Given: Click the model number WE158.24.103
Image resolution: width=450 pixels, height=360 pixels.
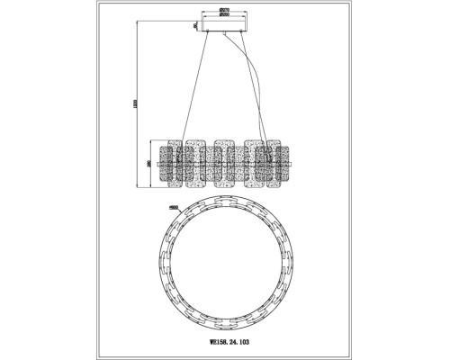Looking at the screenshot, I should click(224, 342).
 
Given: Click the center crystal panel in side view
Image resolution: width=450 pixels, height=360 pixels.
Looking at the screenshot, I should click(225, 162).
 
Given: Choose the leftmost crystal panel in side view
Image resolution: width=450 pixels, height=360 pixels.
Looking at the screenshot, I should click(173, 162).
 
